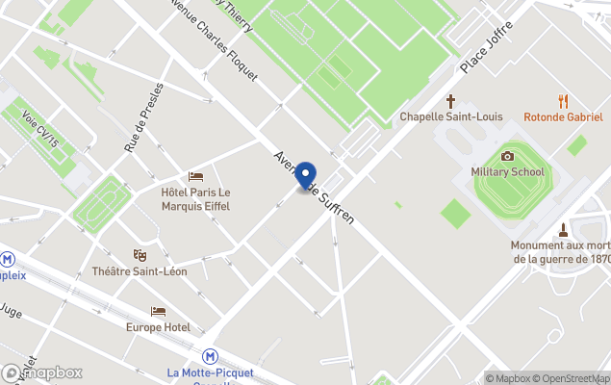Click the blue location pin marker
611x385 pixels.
pyautogui.click(x=306, y=177)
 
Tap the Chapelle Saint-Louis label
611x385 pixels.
pyautogui.click(x=451, y=116)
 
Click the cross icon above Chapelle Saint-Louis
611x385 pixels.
pyautogui.click(x=451, y=100)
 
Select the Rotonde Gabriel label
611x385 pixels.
pyautogui.click(x=563, y=116)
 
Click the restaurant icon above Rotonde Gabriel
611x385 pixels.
pyautogui.click(x=563, y=100)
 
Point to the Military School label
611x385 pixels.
pyautogui.click(x=507, y=172)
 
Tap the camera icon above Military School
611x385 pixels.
pyautogui.click(x=507, y=156)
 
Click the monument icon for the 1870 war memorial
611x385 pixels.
pyautogui.click(x=564, y=229)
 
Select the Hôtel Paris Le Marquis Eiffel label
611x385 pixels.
pyautogui.click(x=196, y=198)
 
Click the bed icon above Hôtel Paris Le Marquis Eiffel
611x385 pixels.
pyautogui.click(x=196, y=177)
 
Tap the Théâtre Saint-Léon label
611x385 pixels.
pyautogui.click(x=140, y=271)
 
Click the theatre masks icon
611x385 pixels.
pyautogui.click(x=140, y=255)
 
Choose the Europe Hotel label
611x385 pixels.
pyautogui.click(x=158, y=327)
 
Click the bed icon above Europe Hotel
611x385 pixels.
pyautogui.click(x=158, y=311)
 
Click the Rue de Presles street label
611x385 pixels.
pyautogui.click(x=142, y=117)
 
